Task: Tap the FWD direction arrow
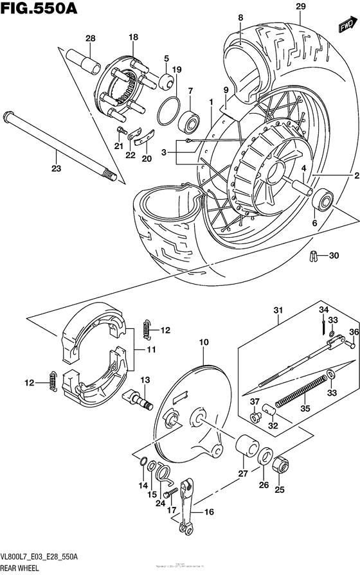(x=347, y=25)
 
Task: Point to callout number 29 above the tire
(x=300, y=6)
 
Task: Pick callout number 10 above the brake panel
(x=204, y=343)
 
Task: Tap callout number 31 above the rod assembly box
(x=278, y=310)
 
